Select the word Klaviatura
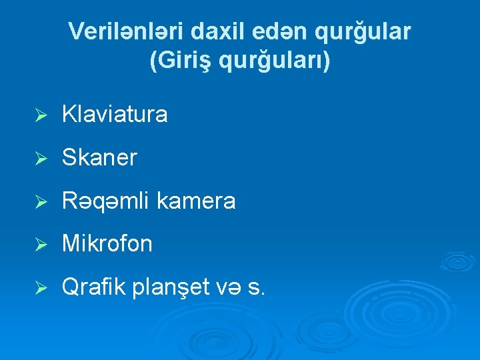click(115, 115)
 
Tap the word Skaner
click(99, 158)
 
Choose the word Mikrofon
click(107, 244)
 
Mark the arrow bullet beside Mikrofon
click(40, 245)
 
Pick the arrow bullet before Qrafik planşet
click(40, 289)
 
